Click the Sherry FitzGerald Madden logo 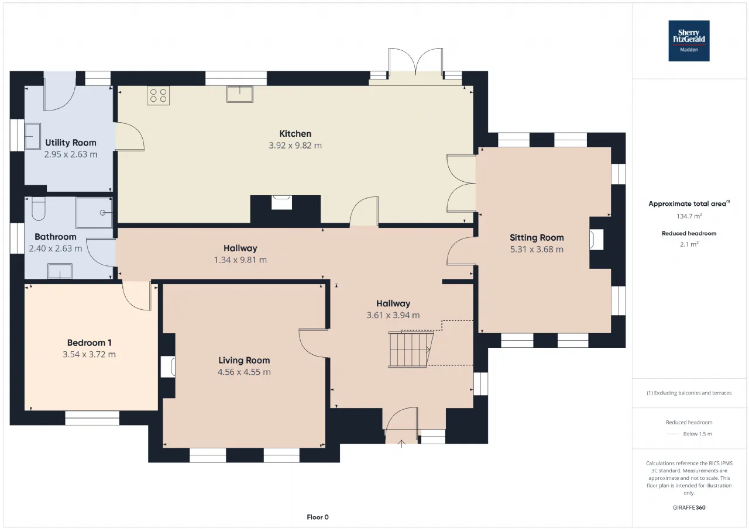(x=689, y=41)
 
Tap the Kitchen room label (x=296, y=134)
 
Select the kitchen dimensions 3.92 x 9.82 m (x=296, y=146)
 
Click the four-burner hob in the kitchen (x=158, y=95)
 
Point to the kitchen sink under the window (x=240, y=94)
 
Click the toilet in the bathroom (x=39, y=209)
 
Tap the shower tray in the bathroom (x=94, y=212)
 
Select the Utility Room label (x=71, y=143)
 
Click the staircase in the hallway (x=411, y=350)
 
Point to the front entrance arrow (x=401, y=444)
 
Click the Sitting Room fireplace (x=596, y=239)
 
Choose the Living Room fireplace (x=168, y=367)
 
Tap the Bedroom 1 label (x=90, y=343)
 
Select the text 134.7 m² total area (x=689, y=216)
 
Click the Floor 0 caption (x=318, y=517)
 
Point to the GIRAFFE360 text (x=689, y=507)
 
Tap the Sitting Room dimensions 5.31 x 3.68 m (x=537, y=250)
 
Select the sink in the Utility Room (x=33, y=136)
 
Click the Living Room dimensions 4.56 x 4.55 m (x=244, y=372)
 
